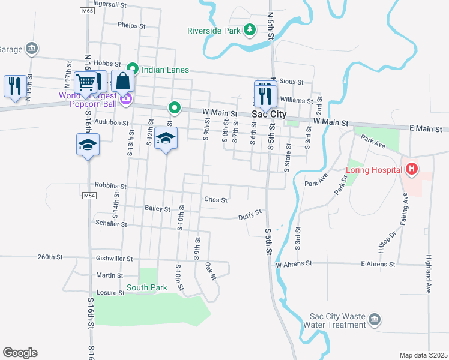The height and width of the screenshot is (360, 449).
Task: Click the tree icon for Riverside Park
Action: click(250, 30)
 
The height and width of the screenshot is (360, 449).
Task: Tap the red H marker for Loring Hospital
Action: click(411, 170)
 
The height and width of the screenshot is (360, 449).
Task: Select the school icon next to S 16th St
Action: click(88, 145)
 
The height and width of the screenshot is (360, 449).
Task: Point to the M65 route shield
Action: click(87, 11)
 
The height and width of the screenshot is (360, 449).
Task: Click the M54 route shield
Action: click(89, 196)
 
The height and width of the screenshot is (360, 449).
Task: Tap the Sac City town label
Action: click(268, 113)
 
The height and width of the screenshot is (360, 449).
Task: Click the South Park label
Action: click(146, 287)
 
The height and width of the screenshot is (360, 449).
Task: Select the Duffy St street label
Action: click(250, 214)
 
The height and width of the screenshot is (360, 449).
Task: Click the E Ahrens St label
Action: click(378, 263)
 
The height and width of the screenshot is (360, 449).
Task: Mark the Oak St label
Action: click(210, 271)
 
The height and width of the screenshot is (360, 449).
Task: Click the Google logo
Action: click(20, 353)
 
